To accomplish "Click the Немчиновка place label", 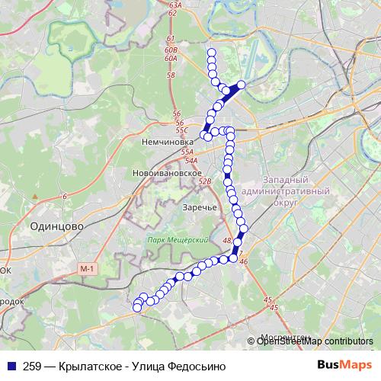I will (164, 142).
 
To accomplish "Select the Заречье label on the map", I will (201, 207).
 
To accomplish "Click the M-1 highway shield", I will (88, 268).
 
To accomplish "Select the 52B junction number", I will (204, 182).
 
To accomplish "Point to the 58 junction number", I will (170, 75).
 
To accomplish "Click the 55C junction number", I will (181, 130).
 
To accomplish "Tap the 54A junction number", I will (190, 161).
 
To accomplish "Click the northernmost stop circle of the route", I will (211, 53).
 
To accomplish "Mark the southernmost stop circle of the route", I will (137, 308).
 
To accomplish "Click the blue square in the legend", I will (12, 366).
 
